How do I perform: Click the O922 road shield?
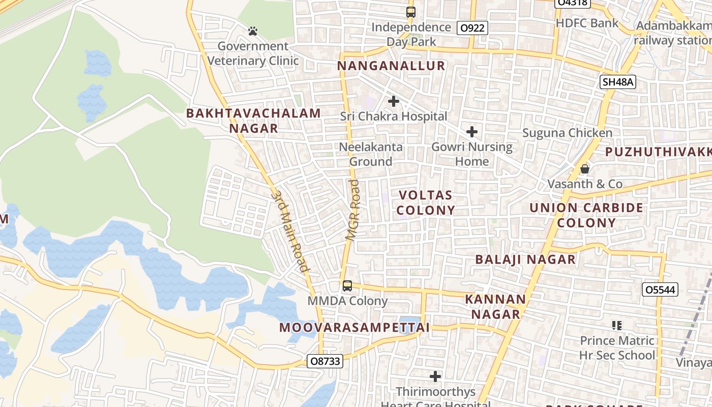point(472,28)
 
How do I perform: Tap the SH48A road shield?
point(618,82)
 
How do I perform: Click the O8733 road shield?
point(325,361)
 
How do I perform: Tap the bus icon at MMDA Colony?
point(347,286)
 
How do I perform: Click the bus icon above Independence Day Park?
point(410,12)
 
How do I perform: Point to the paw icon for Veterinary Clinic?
point(253,32)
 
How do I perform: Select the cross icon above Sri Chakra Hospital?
point(393,101)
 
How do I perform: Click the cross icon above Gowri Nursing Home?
point(472,132)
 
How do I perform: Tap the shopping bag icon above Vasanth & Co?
point(585,168)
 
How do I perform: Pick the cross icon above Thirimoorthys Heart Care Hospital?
point(435,376)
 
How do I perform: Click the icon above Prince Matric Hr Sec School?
point(617,325)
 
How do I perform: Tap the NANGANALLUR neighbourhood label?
point(391,66)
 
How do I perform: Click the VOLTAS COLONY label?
point(426,202)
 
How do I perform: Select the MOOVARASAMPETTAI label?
point(354,328)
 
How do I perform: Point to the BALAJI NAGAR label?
point(525,259)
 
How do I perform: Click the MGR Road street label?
point(352,209)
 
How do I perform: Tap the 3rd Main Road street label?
point(290,231)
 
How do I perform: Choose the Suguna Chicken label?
point(568,133)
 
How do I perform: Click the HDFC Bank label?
point(587,23)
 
